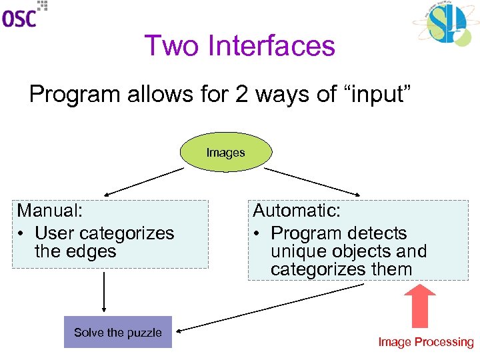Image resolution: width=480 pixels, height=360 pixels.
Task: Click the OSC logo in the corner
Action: tap(24, 15)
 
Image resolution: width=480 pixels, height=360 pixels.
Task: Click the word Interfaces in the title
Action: tap(271, 46)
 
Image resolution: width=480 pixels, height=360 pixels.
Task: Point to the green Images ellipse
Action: tap(225, 153)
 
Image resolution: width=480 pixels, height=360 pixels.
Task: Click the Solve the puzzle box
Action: tap(118, 332)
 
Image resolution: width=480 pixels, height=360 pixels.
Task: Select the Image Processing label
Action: tap(425, 342)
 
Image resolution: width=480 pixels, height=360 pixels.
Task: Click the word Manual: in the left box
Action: tap(50, 211)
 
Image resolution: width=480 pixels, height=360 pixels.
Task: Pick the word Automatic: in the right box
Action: tap(297, 211)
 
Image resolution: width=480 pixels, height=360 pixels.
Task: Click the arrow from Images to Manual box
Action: tap(140, 181)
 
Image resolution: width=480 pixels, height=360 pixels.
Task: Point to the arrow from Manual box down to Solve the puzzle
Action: tap(104, 291)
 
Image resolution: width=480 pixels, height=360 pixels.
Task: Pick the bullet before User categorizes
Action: tap(22, 233)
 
